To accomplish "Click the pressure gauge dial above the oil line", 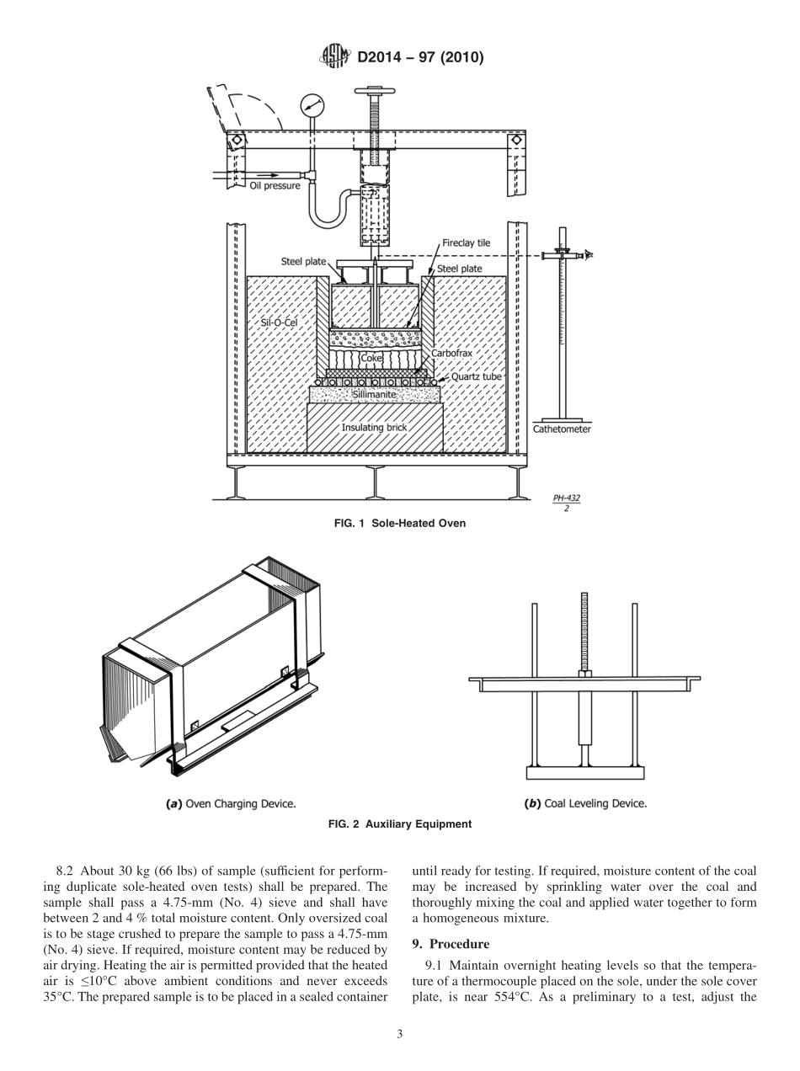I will point(312,105).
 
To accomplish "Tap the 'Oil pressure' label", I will point(275,185).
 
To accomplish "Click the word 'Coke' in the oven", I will point(371,358).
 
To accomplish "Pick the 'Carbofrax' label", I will point(451,354).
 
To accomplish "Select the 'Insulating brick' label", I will point(374,428).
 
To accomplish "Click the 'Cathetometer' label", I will point(562,429).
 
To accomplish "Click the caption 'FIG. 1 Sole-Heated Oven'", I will point(400,524).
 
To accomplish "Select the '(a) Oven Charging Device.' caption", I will point(230,803).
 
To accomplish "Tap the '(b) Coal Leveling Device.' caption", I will point(585,803).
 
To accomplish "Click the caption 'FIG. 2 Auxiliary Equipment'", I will point(400,824).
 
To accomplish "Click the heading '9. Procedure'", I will point(451,944).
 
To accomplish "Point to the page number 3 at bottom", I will point(400,1034).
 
